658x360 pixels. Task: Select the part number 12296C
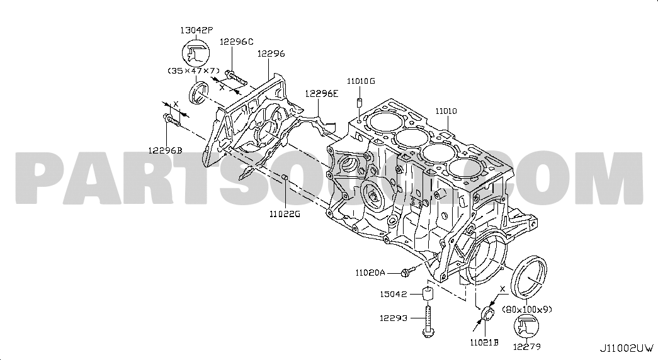pyautogui.click(x=236, y=42)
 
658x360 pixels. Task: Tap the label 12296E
pyautogui.click(x=322, y=93)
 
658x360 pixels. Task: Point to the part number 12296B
pyautogui.click(x=165, y=150)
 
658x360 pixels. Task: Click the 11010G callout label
pyautogui.click(x=360, y=81)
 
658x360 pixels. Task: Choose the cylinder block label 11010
pyautogui.click(x=446, y=111)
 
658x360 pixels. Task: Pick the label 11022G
pyautogui.click(x=285, y=214)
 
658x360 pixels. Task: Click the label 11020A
pyautogui.click(x=370, y=273)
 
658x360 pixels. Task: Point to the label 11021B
pyautogui.click(x=484, y=342)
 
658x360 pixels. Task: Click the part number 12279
pyautogui.click(x=527, y=346)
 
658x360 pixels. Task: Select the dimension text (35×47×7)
pyautogui.click(x=194, y=70)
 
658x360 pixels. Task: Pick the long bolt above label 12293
pyautogui.click(x=428, y=321)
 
